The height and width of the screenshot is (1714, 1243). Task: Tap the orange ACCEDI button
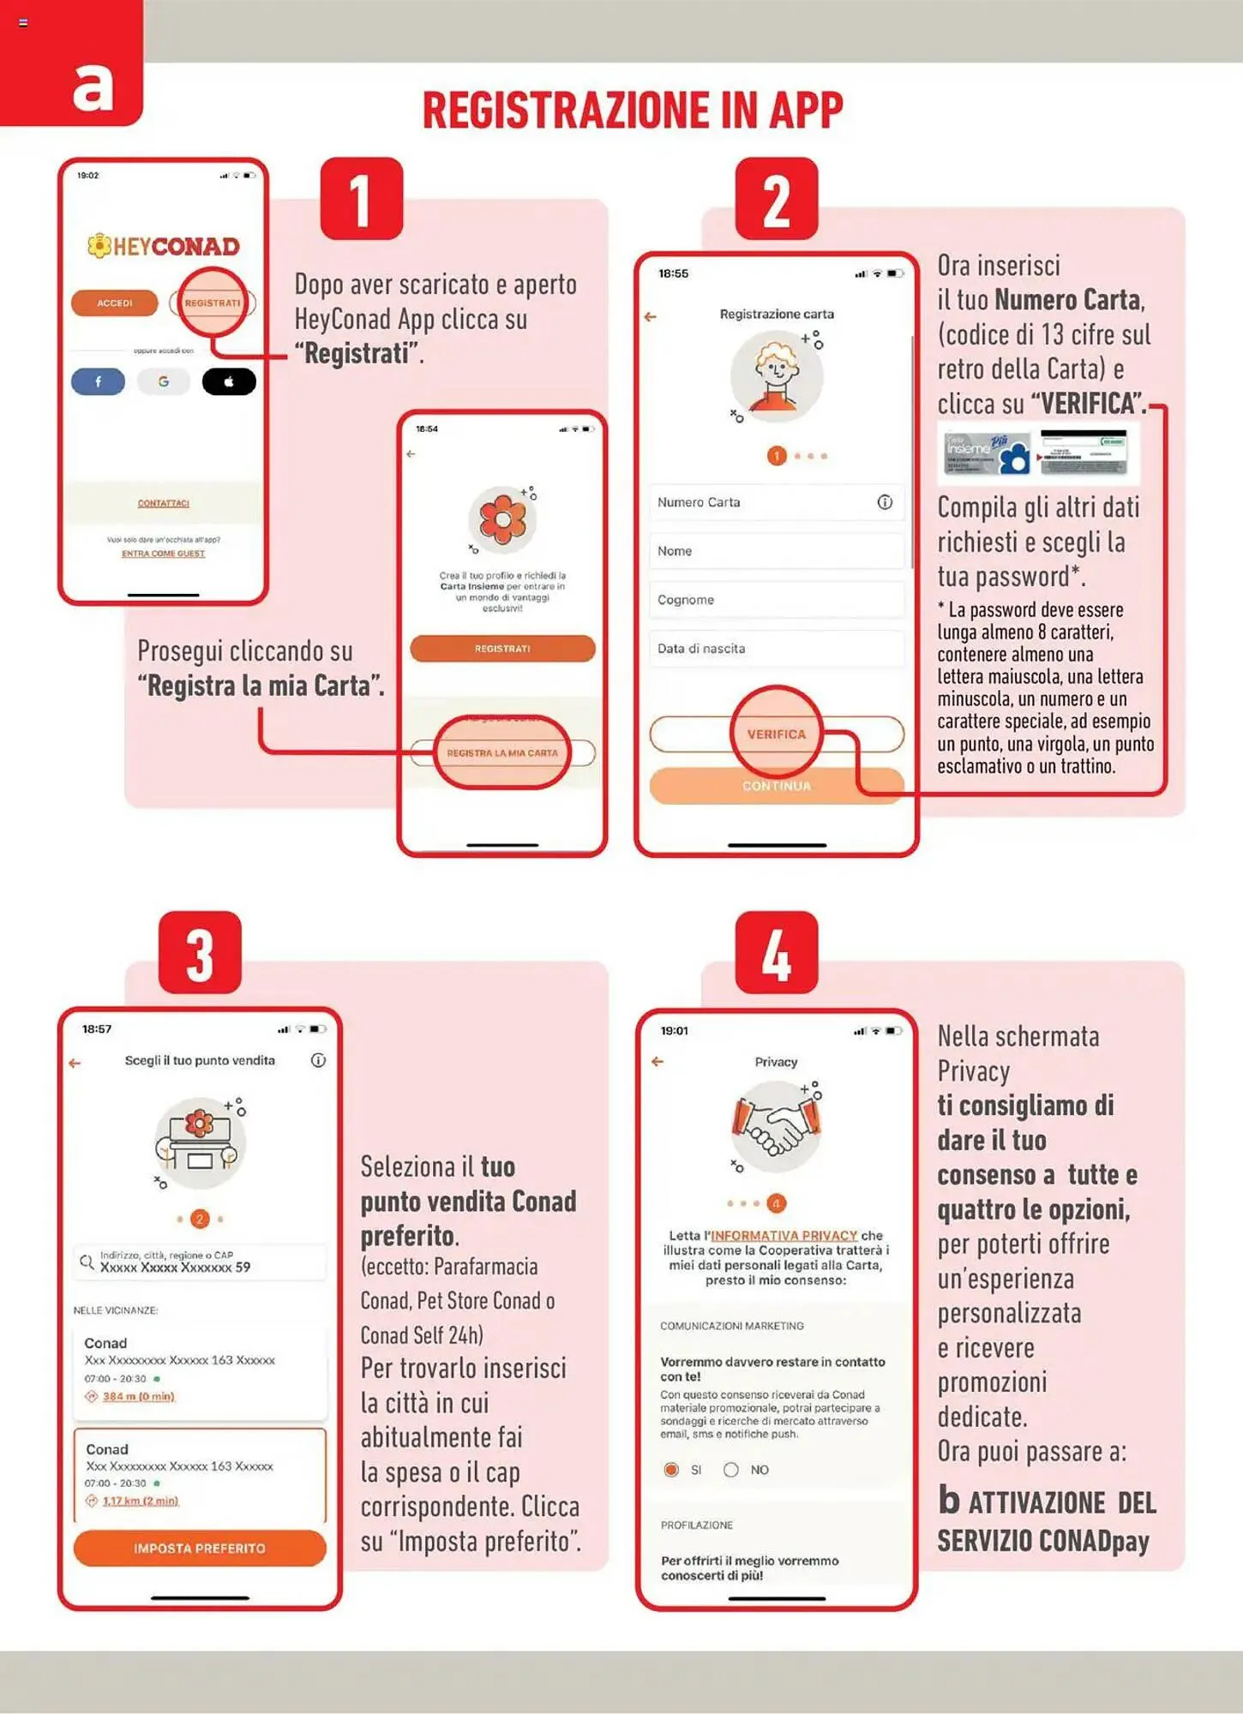point(114,303)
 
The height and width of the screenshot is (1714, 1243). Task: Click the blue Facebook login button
point(98,381)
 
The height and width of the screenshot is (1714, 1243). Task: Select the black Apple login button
point(229,381)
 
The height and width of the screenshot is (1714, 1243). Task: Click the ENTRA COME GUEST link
point(163,554)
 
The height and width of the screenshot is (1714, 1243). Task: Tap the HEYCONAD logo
point(164,247)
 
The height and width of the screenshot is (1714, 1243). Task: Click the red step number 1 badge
point(361,200)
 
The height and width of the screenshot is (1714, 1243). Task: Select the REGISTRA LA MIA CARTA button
point(502,752)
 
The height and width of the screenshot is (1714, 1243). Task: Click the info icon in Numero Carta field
point(885,502)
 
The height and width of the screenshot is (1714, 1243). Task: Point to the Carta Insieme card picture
point(987,452)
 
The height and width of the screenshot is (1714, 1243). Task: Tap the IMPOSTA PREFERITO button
point(200,1549)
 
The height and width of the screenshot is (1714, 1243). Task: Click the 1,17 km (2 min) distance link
point(141,1501)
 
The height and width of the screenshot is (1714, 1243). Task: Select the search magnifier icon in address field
point(87,1262)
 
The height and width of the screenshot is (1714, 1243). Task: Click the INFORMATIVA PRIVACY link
point(784,1236)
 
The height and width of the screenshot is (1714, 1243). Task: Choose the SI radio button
point(671,1470)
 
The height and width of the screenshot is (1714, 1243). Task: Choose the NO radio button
point(731,1470)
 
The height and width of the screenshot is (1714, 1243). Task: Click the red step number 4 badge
point(776,953)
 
